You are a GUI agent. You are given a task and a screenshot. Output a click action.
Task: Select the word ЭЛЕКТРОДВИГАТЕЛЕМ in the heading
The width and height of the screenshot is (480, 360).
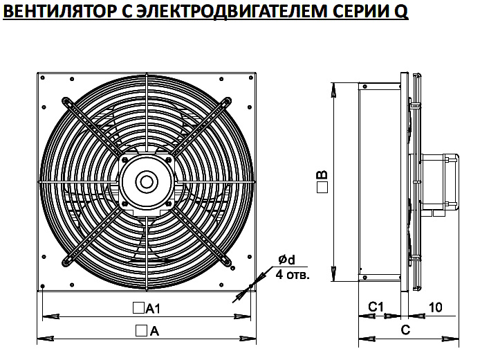click(x=231, y=11)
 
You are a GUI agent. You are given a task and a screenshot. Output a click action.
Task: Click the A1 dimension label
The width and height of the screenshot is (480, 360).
click(x=153, y=309)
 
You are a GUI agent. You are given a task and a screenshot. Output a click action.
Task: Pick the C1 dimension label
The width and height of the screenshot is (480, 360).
click(x=376, y=307)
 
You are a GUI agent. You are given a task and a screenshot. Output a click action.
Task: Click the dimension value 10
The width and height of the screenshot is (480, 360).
click(x=435, y=307)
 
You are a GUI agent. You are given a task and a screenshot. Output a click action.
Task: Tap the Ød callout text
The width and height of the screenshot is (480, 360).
click(x=286, y=260)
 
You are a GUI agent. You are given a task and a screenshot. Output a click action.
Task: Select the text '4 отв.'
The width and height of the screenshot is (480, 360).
click(x=293, y=275)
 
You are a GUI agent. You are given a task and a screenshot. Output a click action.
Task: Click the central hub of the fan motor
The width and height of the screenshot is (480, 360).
click(x=147, y=182)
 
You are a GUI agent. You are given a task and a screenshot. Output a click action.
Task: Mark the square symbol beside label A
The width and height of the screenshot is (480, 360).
click(x=141, y=331)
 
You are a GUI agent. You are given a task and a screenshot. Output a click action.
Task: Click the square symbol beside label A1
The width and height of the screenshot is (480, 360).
click(x=138, y=308)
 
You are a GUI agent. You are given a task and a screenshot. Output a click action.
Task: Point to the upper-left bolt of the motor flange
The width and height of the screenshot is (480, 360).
click(x=125, y=159)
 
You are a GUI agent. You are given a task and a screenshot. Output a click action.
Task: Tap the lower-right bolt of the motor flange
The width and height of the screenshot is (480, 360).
click(x=168, y=204)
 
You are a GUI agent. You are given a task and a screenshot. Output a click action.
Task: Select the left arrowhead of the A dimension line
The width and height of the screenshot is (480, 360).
click(x=46, y=339)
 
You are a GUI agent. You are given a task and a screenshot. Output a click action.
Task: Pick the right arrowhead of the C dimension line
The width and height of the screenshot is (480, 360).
click(x=451, y=339)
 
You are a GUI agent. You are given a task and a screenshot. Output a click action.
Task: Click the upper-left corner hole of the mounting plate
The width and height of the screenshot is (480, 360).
click(x=43, y=78)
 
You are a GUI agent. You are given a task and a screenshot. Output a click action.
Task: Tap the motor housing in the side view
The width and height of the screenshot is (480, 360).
click(x=440, y=181)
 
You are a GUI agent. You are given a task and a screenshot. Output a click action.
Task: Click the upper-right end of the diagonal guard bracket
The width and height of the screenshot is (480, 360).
click(x=227, y=101)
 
